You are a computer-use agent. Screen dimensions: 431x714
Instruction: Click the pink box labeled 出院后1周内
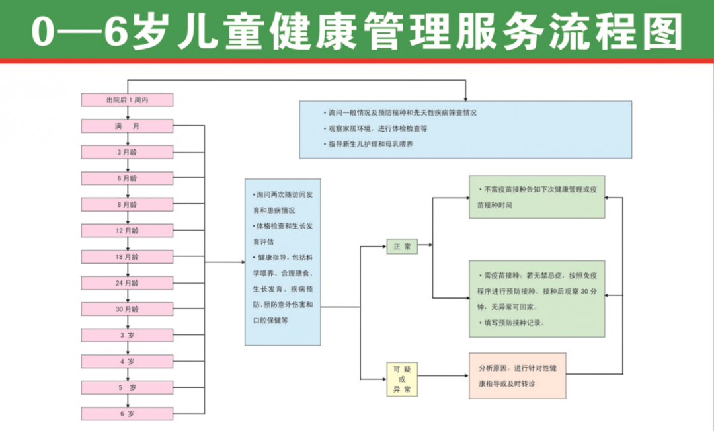127,100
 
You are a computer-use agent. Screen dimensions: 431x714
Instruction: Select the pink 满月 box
127,126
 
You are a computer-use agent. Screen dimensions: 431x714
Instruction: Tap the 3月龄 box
127,152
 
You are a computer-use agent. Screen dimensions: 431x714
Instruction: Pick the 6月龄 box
127,178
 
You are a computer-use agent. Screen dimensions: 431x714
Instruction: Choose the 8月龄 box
127,204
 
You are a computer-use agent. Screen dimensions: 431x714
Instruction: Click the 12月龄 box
127,231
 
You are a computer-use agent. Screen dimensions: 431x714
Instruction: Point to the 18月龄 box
127,256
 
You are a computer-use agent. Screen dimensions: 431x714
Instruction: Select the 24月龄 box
127,283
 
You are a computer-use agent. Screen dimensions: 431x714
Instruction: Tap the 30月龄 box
127,309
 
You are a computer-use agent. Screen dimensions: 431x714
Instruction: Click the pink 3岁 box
127,335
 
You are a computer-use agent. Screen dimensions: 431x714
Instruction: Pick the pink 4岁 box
127,362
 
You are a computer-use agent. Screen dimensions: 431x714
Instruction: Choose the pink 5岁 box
127,387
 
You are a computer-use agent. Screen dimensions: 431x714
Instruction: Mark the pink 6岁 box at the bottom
127,414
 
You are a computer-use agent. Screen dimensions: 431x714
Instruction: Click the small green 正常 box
402,247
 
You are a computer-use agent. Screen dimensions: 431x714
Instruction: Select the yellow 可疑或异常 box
402,379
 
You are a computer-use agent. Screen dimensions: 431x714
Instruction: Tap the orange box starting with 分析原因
518,375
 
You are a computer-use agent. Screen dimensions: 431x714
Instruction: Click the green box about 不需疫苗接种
537,197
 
